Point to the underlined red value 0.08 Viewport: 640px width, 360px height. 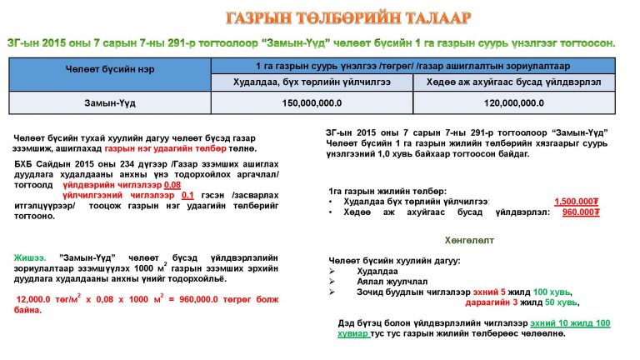[x=172, y=184]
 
